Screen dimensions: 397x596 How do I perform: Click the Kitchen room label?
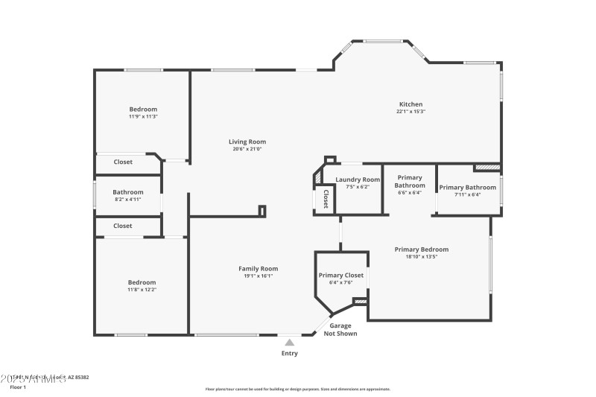(410, 104)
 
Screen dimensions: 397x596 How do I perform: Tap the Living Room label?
(247, 142)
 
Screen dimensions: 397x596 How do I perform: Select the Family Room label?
(258, 268)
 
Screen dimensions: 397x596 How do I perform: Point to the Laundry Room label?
(358, 180)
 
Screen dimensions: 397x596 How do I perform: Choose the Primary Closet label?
(341, 275)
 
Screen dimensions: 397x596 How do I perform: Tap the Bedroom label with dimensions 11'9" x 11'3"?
(143, 109)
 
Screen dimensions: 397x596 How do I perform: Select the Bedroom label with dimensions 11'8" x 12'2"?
(142, 282)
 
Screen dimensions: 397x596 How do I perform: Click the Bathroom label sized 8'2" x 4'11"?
(128, 192)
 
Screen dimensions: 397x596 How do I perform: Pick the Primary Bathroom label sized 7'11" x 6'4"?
(467, 188)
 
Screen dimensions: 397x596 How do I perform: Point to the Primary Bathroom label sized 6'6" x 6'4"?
(409, 181)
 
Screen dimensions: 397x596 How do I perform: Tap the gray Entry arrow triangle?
(289, 343)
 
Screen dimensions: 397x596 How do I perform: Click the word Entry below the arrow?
(289, 353)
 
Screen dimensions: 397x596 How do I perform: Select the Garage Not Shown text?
(340, 329)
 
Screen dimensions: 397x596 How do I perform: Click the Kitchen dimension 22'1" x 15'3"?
(410, 112)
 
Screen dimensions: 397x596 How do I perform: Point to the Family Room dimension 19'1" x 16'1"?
(258, 276)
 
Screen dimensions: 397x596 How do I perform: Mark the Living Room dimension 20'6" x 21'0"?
(247, 149)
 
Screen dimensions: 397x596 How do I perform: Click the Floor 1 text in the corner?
(17, 387)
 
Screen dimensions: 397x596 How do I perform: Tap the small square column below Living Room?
(261, 211)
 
